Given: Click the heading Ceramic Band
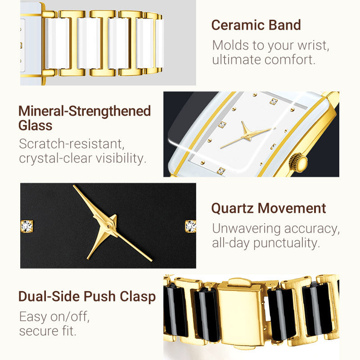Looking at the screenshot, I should (x=256, y=25).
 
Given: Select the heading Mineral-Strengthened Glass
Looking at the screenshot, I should (x=84, y=118).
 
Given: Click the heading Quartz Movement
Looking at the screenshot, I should (x=268, y=208).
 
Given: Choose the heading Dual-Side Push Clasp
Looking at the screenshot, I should (x=87, y=297).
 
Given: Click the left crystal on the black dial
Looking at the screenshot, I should (x=27, y=226).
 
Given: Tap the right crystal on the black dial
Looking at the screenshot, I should (x=190, y=226).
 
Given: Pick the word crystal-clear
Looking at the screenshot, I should (x=55, y=158).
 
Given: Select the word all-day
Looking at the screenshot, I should (x=231, y=243).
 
